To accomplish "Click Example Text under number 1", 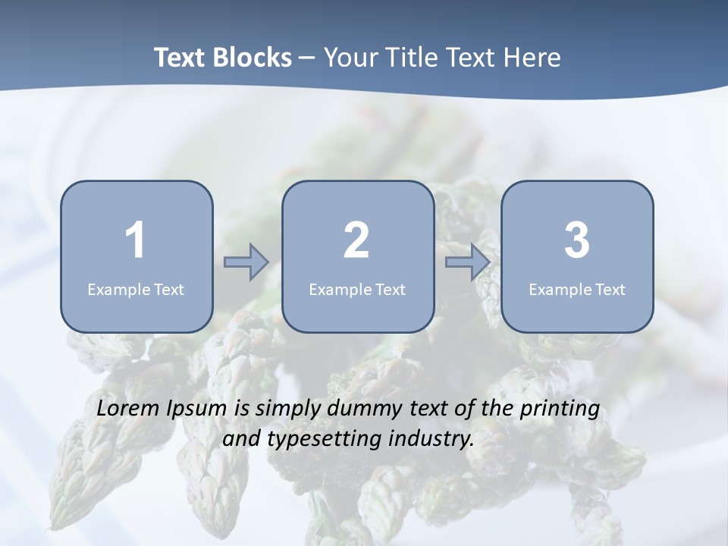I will (x=136, y=289).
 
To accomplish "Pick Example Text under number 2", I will (x=357, y=289).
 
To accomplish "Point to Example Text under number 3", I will (x=577, y=289).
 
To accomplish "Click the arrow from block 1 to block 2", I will (x=246, y=262).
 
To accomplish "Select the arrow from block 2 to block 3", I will (x=467, y=262).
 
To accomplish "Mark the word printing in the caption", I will (x=560, y=409).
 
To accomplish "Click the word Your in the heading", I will (x=349, y=58).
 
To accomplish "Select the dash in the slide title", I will (x=307, y=58).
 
